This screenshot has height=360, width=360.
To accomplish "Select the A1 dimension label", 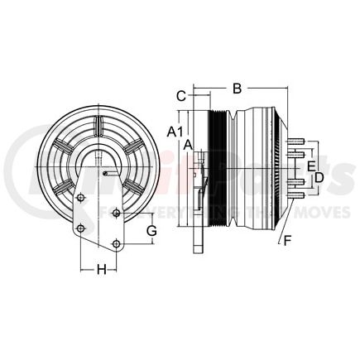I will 174,131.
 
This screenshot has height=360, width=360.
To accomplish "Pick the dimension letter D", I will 318,177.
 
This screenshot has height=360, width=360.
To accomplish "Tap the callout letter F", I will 287,242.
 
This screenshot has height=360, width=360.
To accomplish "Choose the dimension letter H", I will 101,268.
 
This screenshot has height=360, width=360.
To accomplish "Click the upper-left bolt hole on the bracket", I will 81,197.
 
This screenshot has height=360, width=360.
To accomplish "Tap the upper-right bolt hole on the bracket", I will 116,214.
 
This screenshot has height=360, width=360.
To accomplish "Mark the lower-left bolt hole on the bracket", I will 80,228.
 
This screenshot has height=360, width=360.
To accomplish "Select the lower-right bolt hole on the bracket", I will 117,243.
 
